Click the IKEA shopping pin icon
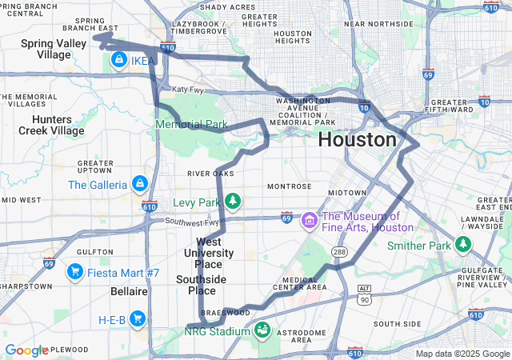point(118,59)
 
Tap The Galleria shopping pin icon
point(140,184)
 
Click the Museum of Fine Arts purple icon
point(309,219)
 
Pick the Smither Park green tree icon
point(463,244)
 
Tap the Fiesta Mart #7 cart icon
point(75,272)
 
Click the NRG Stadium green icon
point(262,330)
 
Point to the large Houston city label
point(357,140)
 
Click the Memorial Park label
point(192,125)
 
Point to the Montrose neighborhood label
point(289,186)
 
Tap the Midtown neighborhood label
point(347,193)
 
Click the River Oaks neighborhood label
point(210,173)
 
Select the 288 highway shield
point(339,252)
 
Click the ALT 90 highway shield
point(365,294)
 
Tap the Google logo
point(26,350)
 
